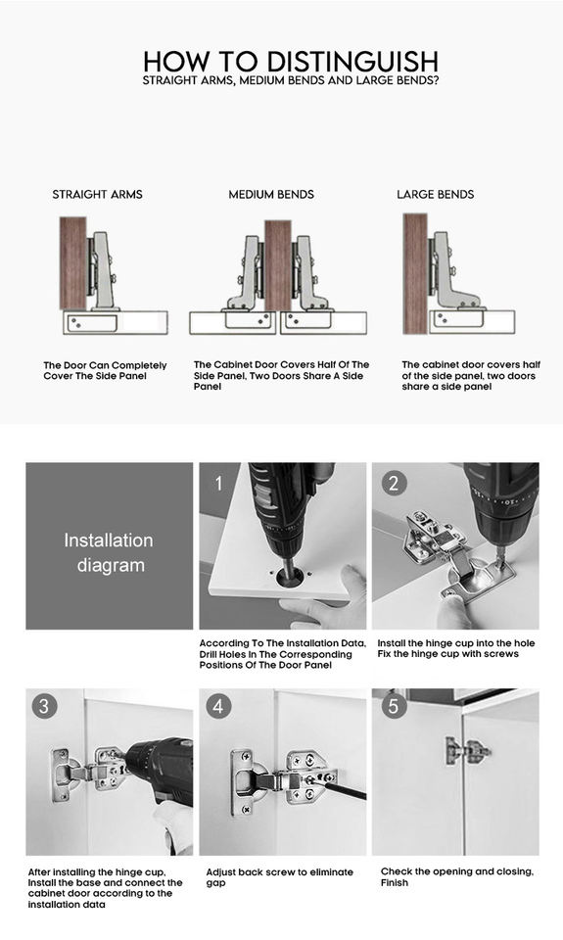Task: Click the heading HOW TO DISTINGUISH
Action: (x=291, y=61)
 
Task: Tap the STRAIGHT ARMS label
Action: (x=97, y=194)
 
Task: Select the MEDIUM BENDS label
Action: (x=271, y=194)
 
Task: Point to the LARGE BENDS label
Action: (x=436, y=194)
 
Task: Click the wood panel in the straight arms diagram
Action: (x=73, y=263)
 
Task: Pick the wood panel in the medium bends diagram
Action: (x=278, y=265)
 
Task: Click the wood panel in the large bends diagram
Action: (x=415, y=273)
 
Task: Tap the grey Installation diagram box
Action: (x=109, y=545)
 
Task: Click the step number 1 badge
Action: (x=219, y=483)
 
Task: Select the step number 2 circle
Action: (x=394, y=483)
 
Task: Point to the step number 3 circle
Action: (x=44, y=706)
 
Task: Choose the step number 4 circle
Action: (x=218, y=706)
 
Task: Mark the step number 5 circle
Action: (x=394, y=706)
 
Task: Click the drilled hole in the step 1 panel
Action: (x=289, y=578)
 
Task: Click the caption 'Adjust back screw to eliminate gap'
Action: (x=279, y=877)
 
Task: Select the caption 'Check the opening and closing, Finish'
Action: (x=457, y=876)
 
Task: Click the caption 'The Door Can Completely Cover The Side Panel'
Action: (x=105, y=370)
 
